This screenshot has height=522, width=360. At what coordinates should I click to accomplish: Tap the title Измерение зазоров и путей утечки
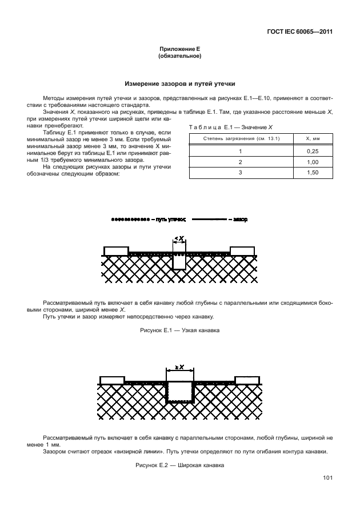pos(179,83)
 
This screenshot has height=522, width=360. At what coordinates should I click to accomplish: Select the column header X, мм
pos(312,138)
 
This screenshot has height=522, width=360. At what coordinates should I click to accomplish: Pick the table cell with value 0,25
pos(312,151)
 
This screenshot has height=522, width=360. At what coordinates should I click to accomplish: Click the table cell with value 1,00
pos(312,162)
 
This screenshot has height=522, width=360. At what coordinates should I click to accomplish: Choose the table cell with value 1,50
pos(312,173)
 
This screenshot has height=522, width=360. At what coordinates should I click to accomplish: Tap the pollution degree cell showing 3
pos(240,173)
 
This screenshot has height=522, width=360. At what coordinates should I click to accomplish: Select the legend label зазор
pos(240,219)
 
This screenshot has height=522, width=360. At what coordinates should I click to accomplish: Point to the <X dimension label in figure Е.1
pos(179,238)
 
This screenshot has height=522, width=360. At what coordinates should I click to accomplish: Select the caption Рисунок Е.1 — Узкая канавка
pos(179,331)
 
